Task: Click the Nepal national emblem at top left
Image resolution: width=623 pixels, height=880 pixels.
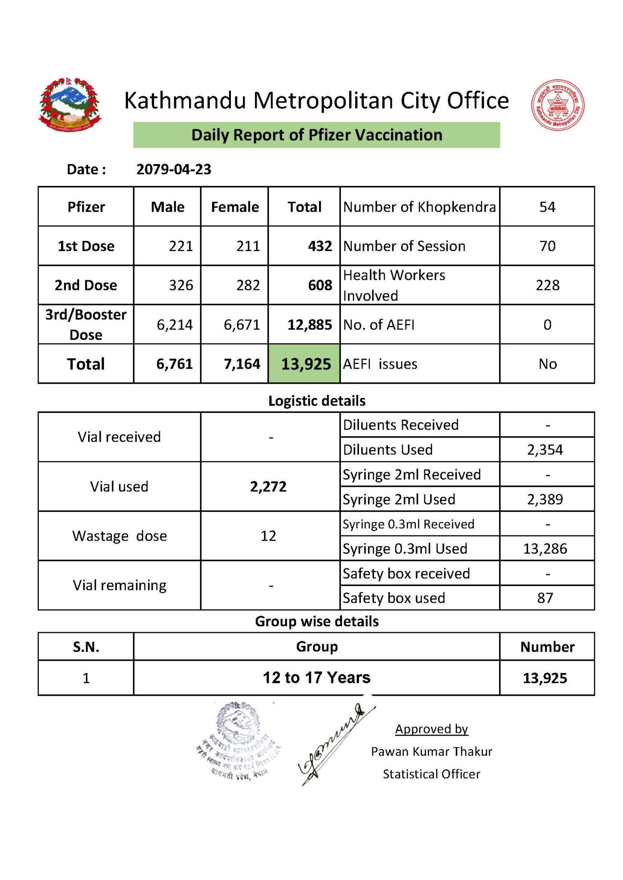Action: (x=70, y=105)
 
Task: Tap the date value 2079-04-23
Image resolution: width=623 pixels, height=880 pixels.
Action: (x=174, y=169)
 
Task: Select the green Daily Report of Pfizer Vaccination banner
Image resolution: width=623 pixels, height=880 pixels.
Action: (x=316, y=135)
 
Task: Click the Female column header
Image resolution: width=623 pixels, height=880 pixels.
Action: (x=235, y=207)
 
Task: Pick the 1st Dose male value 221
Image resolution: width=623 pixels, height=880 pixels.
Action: (x=181, y=246)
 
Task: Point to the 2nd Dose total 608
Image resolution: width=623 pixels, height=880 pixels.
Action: (x=320, y=285)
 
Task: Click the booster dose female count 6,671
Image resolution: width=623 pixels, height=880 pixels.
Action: (x=242, y=325)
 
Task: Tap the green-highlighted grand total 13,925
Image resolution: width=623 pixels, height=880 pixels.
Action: (x=306, y=364)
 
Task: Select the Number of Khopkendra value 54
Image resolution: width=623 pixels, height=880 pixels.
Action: (x=547, y=207)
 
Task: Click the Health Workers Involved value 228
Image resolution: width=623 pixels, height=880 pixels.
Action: (x=547, y=285)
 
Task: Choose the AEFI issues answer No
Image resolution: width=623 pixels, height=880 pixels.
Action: (x=547, y=364)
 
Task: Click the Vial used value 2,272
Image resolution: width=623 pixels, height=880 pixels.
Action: (x=268, y=486)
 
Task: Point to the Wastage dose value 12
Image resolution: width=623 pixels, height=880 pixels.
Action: (x=268, y=536)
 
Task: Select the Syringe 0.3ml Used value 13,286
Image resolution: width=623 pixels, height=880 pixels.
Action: (x=545, y=549)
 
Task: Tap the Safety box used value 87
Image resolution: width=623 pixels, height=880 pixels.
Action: (x=545, y=598)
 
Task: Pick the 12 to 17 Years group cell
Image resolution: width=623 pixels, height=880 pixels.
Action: (x=316, y=678)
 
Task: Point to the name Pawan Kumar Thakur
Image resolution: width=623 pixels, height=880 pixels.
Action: (x=431, y=752)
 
